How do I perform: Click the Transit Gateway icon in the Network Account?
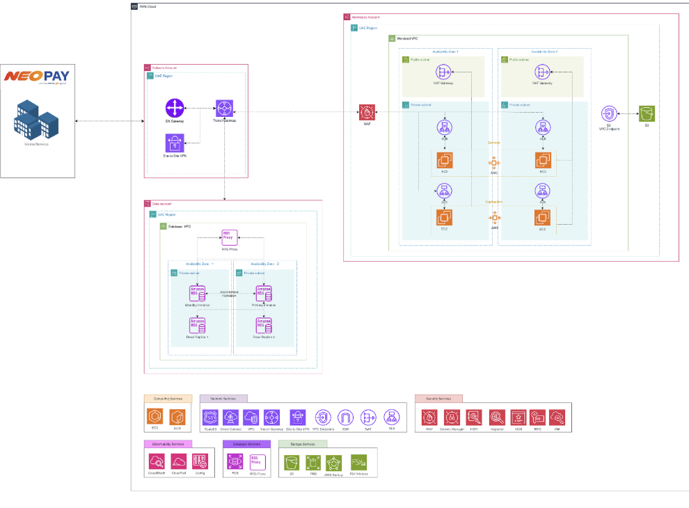[224, 109]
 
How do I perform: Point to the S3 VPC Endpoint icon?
[608, 114]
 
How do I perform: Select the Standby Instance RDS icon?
[198, 293]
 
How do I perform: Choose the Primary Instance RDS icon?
[264, 293]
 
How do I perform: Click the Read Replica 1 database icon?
[198, 325]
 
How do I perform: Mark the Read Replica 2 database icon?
[264, 325]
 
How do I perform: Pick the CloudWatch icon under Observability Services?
[157, 461]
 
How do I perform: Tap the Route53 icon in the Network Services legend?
[210, 418]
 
